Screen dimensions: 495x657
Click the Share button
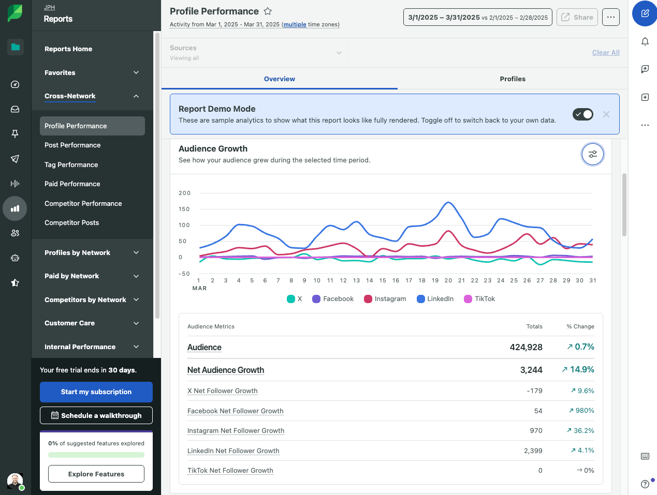tap(577, 17)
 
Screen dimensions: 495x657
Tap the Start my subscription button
tap(96, 392)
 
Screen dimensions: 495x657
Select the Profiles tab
tap(512, 79)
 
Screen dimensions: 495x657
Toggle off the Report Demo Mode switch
tap(582, 114)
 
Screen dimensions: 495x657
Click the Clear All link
tap(605, 53)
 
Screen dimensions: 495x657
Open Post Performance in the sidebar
tap(72, 145)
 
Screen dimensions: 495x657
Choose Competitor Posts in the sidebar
tap(71, 223)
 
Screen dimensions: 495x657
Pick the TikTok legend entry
tap(479, 299)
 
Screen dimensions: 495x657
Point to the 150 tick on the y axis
tap(184, 209)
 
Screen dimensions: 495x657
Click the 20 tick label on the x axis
tap(448, 280)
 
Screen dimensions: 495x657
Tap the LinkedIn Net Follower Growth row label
tap(233, 451)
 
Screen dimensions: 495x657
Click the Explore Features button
tap(96, 474)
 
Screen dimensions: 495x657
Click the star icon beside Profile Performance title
tap(268, 11)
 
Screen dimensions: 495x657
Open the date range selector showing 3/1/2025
tap(477, 17)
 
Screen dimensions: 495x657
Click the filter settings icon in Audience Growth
tap(592, 154)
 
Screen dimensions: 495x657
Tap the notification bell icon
tap(645, 41)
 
